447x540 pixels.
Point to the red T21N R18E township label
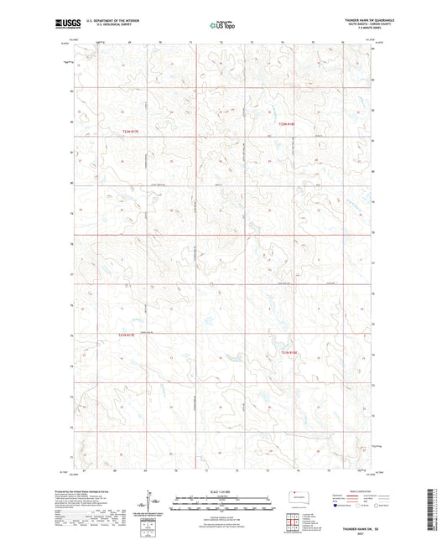[x=288, y=353]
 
